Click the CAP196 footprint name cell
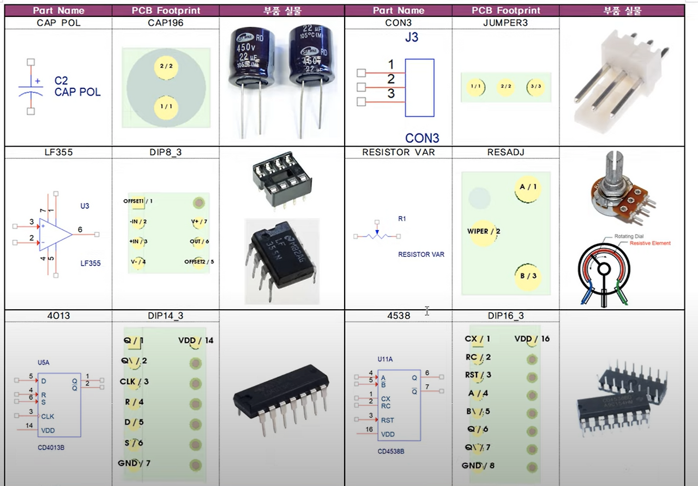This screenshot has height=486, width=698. [x=165, y=23]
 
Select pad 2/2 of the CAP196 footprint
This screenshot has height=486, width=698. [x=166, y=66]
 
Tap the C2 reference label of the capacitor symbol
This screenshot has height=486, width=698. [x=61, y=81]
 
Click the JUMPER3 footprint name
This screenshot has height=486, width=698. [x=505, y=23]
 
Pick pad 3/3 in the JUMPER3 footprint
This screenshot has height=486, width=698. [x=535, y=87]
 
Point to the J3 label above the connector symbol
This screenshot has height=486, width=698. [x=411, y=38]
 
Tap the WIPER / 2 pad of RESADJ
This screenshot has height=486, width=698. [x=483, y=231]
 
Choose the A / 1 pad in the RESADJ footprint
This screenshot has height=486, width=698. [x=528, y=187]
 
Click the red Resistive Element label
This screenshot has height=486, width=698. [x=650, y=243]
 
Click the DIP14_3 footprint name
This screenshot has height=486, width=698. [x=165, y=316]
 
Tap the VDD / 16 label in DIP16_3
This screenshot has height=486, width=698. [x=532, y=339]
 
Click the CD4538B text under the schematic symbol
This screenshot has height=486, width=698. [x=391, y=452]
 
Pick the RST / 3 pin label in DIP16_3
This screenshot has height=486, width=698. [x=478, y=375]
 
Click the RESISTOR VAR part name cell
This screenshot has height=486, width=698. [x=398, y=152]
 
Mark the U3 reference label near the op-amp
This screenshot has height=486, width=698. [x=85, y=206]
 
